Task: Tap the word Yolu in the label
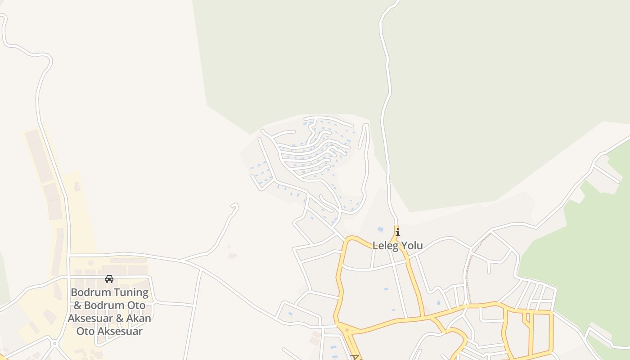click(x=411, y=246)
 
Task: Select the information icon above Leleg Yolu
click(x=397, y=233)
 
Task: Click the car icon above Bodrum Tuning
click(x=109, y=279)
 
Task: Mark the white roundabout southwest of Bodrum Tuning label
click(x=54, y=344)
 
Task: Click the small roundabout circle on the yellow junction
click(x=347, y=330)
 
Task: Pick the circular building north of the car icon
click(x=90, y=263)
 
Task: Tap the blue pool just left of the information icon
click(x=381, y=229)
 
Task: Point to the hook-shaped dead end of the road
click(x=235, y=206)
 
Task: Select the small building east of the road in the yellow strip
click(x=77, y=186)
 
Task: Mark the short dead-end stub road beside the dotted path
click(x=489, y=267)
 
